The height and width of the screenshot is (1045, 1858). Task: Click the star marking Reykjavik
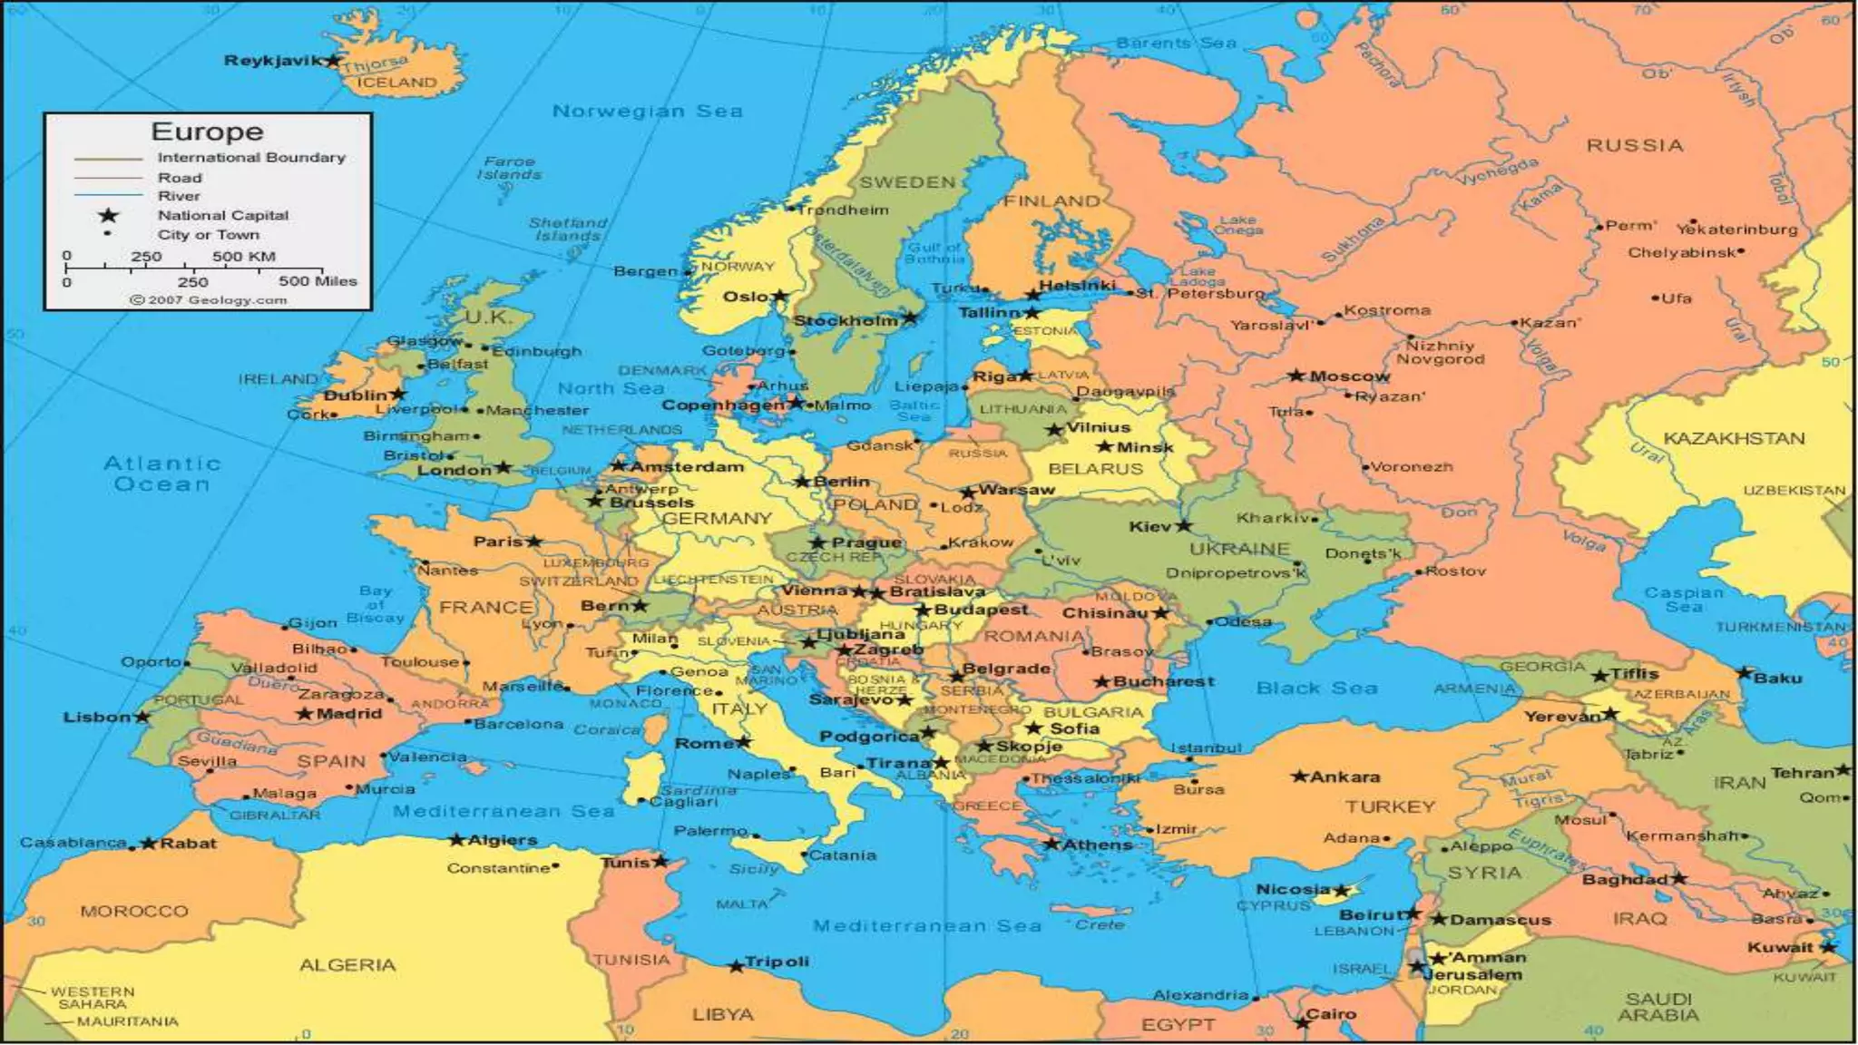point(333,61)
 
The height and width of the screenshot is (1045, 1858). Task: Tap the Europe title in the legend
point(207,132)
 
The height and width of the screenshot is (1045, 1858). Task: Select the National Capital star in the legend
point(109,215)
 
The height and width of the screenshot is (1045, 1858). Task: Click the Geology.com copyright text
point(209,299)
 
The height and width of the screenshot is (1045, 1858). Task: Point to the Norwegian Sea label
point(647,111)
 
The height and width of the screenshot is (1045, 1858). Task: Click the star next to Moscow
point(1296,376)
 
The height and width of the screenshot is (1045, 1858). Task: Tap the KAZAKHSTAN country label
point(1734,438)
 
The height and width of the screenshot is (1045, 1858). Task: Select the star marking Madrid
point(305,714)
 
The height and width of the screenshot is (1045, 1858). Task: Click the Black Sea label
point(1316,688)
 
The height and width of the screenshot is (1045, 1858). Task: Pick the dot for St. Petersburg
point(1130,292)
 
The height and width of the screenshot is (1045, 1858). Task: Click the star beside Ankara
point(1299,776)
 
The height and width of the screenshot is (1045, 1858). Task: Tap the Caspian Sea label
point(1683,599)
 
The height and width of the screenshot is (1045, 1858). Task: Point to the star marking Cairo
point(1303,1022)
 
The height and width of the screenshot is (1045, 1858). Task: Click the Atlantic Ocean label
point(161,474)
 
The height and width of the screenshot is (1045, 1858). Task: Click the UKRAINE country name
point(1239,549)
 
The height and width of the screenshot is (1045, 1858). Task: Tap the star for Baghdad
point(1679,878)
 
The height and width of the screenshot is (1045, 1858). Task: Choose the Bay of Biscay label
point(375,604)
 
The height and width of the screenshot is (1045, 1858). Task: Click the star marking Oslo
point(780,296)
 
